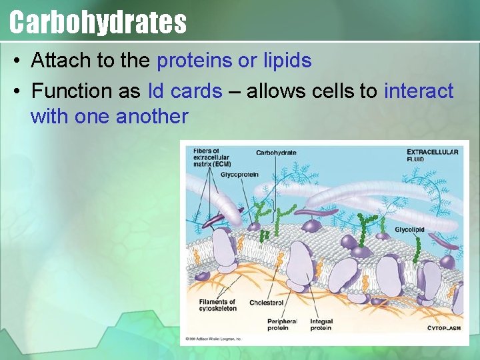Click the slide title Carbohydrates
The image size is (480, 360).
(98, 21)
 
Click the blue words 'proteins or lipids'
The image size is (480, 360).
(234, 61)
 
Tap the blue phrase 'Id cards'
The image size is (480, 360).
(185, 91)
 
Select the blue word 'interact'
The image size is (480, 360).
(419, 91)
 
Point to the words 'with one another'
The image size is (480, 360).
(109, 117)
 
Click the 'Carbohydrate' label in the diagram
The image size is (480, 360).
(276, 153)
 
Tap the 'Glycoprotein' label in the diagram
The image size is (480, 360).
(239, 175)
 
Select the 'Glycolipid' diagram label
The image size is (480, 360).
(409, 230)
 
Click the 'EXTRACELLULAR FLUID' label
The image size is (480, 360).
(432, 155)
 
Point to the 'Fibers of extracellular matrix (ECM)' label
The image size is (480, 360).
(212, 157)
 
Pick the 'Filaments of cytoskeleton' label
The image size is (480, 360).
(217, 305)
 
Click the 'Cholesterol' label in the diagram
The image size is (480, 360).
(266, 303)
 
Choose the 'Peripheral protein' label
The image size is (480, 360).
(281, 325)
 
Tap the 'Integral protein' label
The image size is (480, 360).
(321, 325)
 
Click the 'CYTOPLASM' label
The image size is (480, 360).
(443, 328)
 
